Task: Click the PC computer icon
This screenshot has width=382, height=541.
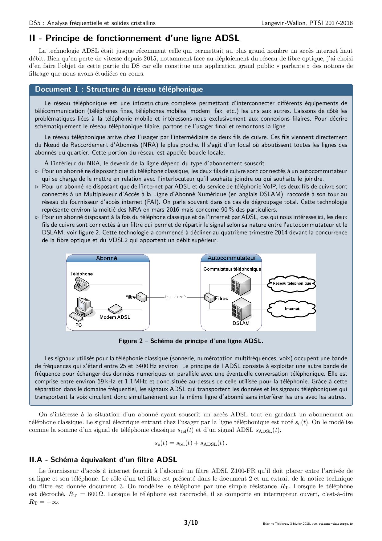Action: click(82, 309)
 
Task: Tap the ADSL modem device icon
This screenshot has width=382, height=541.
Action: click(115, 309)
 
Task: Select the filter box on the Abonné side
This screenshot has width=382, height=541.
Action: click(142, 297)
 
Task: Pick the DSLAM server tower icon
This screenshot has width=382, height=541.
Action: click(241, 309)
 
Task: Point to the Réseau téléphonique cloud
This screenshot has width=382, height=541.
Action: click(291, 283)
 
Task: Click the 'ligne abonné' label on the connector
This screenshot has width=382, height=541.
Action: click(175, 297)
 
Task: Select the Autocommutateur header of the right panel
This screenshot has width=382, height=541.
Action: click(231, 258)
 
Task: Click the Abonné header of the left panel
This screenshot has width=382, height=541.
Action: click(107, 258)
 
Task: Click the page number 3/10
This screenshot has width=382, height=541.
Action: click(191, 522)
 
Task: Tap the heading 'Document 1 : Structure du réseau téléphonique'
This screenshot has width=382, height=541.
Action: click(119, 89)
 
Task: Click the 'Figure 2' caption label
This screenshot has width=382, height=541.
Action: click(131, 341)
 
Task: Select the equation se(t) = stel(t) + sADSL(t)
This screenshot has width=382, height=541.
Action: click(191, 443)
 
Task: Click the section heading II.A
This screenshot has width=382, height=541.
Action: click(103, 460)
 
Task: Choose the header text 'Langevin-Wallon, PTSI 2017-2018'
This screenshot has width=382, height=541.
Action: click(307, 23)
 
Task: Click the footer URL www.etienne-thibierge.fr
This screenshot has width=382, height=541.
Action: click(332, 524)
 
